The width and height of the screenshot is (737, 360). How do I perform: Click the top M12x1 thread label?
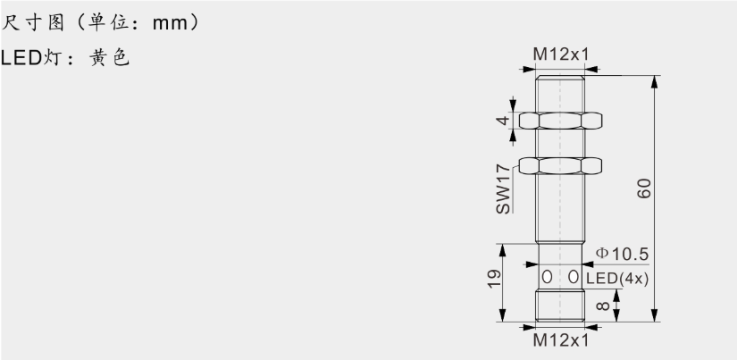point(561,55)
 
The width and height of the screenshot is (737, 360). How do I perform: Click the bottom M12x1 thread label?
point(561,340)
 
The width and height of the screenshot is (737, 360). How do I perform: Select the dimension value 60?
point(644,188)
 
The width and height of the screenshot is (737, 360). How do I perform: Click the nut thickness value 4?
point(503,121)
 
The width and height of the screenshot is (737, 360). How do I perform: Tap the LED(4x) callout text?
point(617,278)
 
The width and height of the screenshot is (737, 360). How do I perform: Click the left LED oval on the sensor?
point(549,278)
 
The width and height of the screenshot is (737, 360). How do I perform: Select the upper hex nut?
point(561,121)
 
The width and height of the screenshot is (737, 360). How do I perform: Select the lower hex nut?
point(561,165)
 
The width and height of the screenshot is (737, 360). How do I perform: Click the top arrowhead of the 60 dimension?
point(656,81)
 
